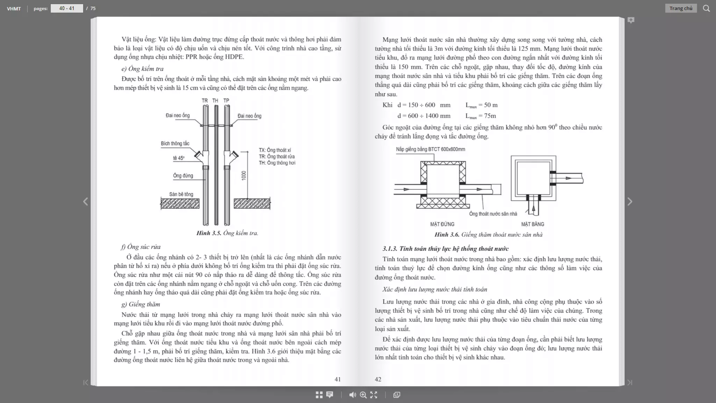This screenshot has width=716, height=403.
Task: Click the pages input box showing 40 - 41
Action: click(x=67, y=8)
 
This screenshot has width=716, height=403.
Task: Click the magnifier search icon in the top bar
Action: click(x=706, y=8)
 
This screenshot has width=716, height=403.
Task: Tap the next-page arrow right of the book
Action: click(x=630, y=201)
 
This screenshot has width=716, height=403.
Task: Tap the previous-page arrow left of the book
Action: click(x=86, y=201)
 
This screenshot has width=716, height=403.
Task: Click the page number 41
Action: click(x=337, y=379)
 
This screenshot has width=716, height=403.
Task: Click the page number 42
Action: click(x=378, y=379)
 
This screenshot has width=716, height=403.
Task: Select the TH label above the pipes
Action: click(x=215, y=101)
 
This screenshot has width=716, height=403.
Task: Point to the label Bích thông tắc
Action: click(x=175, y=143)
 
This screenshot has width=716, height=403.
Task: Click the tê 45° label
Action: click(x=179, y=158)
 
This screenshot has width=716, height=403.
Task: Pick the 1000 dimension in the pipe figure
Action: click(x=244, y=176)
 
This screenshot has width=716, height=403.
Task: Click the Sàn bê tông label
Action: click(x=181, y=194)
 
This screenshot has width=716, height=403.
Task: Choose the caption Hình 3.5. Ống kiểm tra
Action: click(x=227, y=233)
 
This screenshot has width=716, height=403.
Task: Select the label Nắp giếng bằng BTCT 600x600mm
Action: click(x=430, y=149)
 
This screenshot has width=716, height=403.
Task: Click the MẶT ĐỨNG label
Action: click(x=442, y=224)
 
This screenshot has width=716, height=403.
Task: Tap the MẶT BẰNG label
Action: click(x=532, y=224)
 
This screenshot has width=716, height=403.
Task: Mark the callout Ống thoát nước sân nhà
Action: click(x=493, y=214)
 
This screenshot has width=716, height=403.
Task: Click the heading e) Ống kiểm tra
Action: click(x=142, y=69)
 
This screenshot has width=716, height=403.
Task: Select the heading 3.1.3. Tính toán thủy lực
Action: click(x=445, y=249)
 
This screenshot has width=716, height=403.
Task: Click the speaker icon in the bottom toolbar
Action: click(x=352, y=395)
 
